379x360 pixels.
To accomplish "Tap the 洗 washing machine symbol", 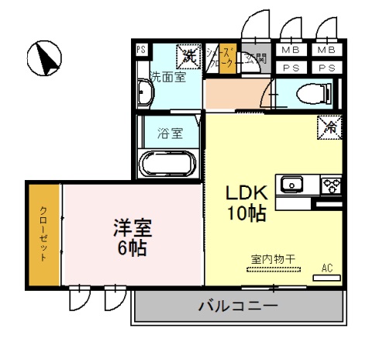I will click(188, 55).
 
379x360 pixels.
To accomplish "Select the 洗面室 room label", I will click(167, 77).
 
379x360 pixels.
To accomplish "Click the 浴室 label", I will click(171, 132).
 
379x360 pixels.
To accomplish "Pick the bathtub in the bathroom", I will click(167, 164).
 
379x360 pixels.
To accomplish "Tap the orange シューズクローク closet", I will click(227, 60).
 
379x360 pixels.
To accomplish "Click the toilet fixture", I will click(318, 93).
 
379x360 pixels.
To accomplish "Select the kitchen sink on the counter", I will click(292, 185).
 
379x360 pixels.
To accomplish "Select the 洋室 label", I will click(133, 229).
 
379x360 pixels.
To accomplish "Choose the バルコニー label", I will click(238, 306).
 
